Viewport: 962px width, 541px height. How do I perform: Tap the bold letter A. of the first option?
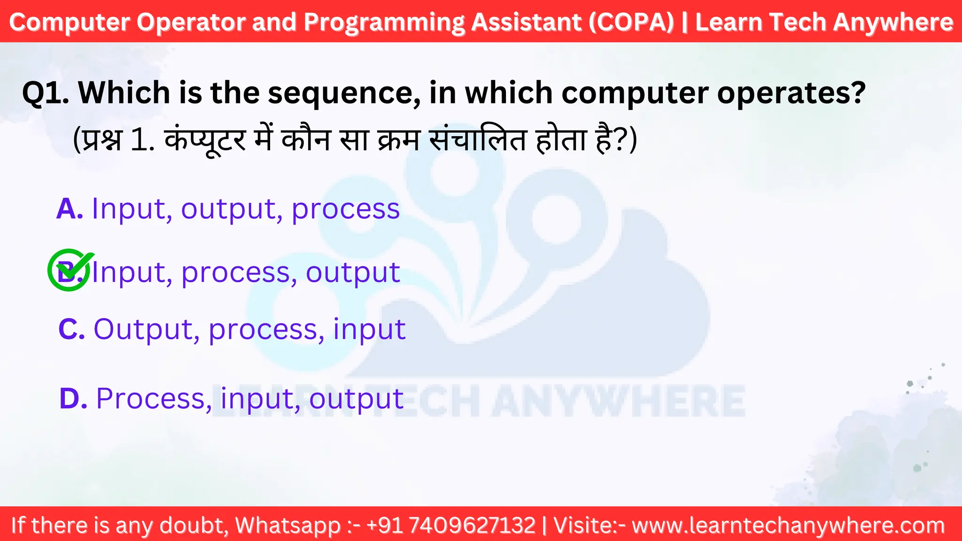tap(70, 209)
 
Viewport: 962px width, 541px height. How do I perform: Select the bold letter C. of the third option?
tap(71, 329)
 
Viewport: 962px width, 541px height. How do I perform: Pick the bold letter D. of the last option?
tap(73, 399)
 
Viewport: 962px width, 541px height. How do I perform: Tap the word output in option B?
tap(353, 273)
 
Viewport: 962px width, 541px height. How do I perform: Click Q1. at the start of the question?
tap(46, 93)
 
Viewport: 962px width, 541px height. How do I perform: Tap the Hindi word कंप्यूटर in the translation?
tap(205, 140)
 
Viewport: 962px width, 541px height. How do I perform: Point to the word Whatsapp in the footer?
tap(287, 525)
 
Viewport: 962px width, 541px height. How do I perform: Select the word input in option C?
tap(369, 329)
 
